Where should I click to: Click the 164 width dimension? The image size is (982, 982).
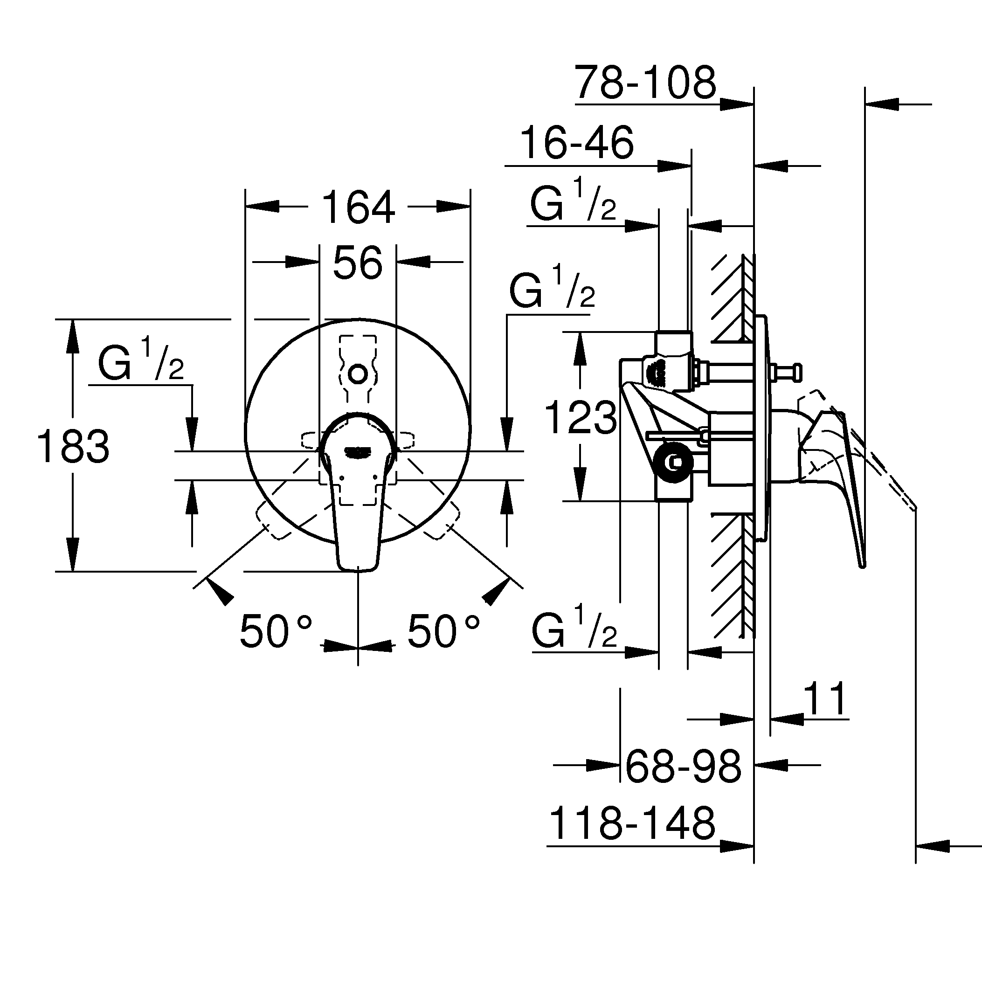pos(358,207)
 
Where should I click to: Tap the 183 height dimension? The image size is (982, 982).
pos(73,446)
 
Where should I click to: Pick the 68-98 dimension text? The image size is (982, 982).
pos(683,766)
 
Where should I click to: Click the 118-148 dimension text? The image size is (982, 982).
pos(632,823)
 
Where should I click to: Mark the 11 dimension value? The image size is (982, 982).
pos(826,699)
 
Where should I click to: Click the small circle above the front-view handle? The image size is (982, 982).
pos(358,374)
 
